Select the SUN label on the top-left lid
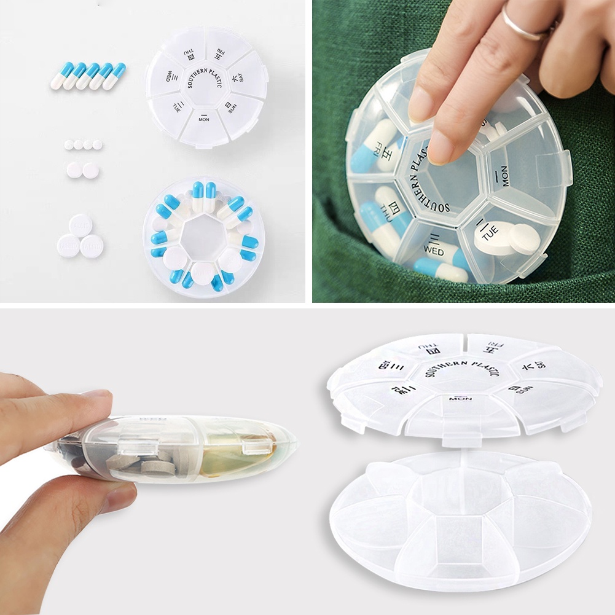[x=230, y=107]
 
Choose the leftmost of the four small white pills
[x=69, y=145]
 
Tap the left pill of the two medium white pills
[x=74, y=170]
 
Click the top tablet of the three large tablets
[x=80, y=225]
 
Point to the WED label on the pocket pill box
[x=434, y=246]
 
